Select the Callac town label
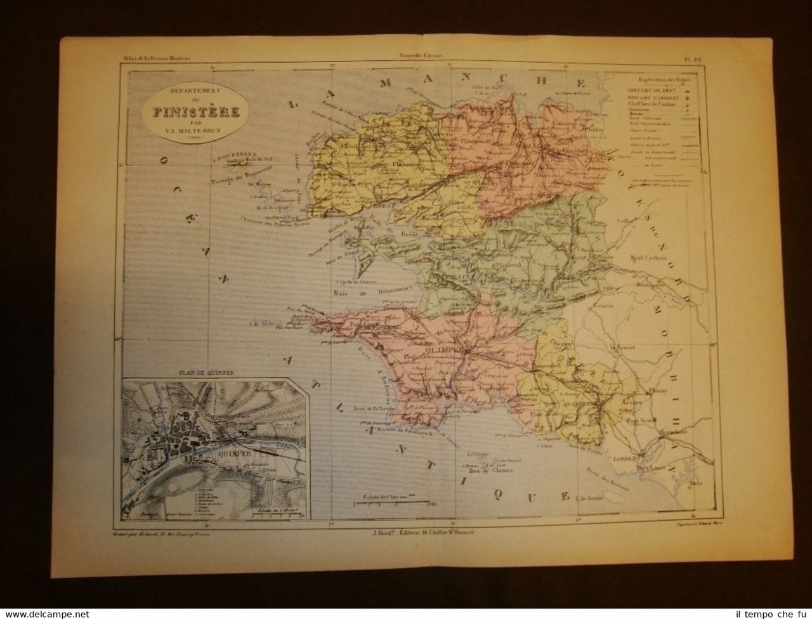click(624, 221)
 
